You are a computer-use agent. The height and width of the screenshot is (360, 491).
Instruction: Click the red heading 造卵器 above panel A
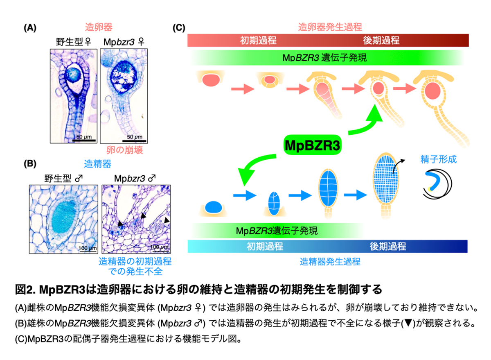99,28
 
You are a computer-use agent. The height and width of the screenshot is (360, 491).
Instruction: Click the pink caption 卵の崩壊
124,150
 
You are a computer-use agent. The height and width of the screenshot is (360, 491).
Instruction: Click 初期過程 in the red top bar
258,41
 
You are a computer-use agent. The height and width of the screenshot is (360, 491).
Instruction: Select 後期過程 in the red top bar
381,41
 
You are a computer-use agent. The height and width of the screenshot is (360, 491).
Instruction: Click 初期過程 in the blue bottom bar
265,247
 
